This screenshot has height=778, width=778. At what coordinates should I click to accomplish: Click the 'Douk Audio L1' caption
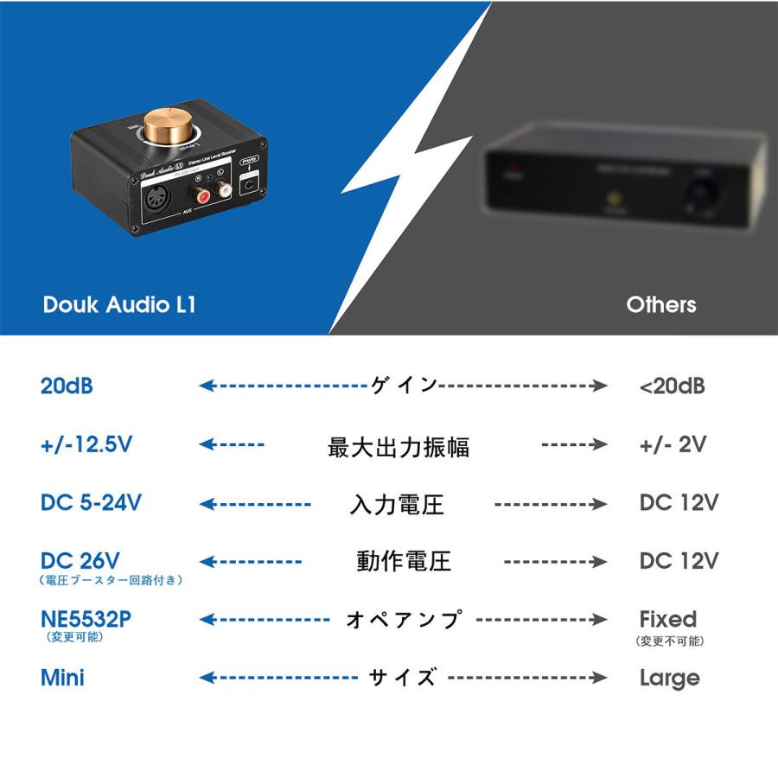pos(118,305)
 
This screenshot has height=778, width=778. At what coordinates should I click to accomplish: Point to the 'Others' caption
pos(660,305)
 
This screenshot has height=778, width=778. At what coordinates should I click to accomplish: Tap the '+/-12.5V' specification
pos(86,445)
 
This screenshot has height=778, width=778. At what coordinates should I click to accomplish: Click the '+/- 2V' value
pos(673,445)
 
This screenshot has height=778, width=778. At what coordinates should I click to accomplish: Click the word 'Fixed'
pos(667,619)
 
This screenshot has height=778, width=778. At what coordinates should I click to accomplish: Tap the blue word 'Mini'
pos(62,677)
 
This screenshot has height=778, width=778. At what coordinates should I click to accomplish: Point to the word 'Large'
pos(669,678)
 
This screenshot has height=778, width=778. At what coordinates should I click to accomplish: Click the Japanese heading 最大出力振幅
pos(399,447)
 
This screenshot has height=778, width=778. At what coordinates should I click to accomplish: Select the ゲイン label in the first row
pos(404,386)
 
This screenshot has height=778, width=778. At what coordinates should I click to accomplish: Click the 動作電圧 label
pos(404,561)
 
